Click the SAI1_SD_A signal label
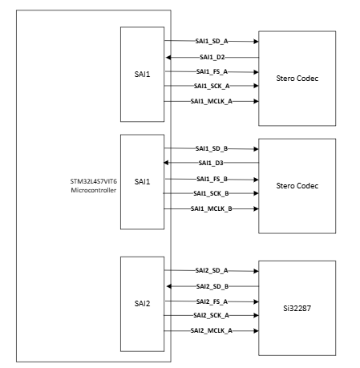tap(212, 40)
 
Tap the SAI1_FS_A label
tap(212, 71)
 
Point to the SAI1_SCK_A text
tap(212, 86)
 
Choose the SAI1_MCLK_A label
tap(212, 101)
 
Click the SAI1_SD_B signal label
tap(212, 148)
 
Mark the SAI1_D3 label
tap(212, 164)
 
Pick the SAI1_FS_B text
tap(212, 179)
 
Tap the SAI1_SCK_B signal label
tap(212, 193)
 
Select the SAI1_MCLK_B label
tap(212, 208)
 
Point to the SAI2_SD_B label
tap(212, 286)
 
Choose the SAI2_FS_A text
tap(212, 301)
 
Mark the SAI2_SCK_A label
tap(212, 316)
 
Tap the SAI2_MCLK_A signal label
tap(212, 330)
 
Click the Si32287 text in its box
tap(297, 308)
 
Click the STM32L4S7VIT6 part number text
tap(93, 183)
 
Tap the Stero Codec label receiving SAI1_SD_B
tap(297, 186)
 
